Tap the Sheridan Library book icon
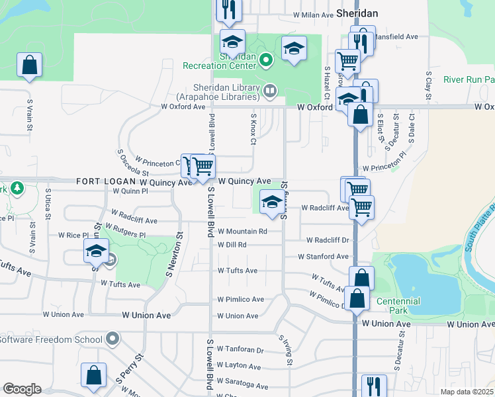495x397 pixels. coord(269,89)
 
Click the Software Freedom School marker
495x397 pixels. coord(112,339)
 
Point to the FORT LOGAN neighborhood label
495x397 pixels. coord(106,181)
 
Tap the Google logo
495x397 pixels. coord(22,389)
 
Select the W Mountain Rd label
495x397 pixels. coord(242,232)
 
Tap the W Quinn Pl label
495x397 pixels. coord(130,191)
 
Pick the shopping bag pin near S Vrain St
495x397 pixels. coord(29,66)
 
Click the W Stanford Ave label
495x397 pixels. coord(324,256)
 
